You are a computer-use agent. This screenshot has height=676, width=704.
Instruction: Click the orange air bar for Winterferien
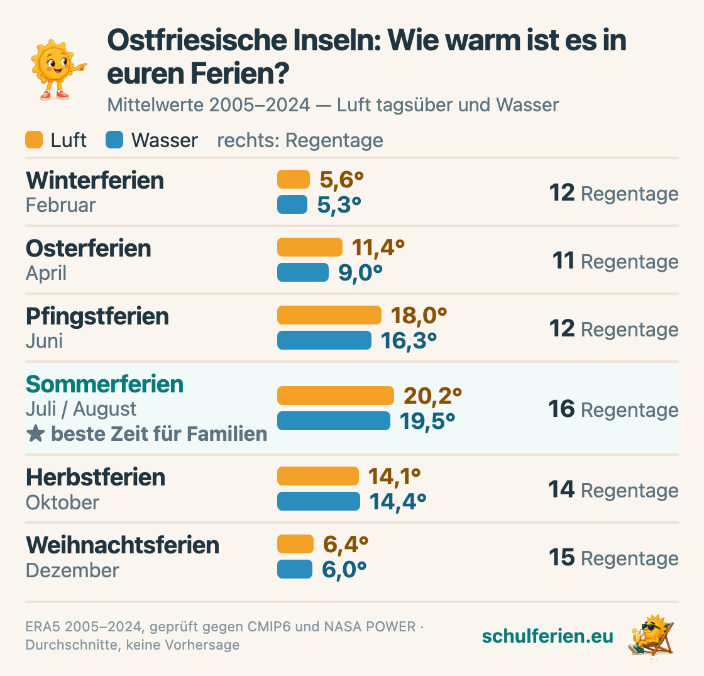293,179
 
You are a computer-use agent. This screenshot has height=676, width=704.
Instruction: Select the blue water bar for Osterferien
302,272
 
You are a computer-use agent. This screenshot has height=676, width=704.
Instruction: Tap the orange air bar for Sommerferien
336,396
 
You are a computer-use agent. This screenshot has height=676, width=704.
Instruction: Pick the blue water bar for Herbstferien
318,501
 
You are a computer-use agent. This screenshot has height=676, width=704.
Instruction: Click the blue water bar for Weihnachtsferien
295,569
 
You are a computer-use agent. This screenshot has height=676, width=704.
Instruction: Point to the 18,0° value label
419,315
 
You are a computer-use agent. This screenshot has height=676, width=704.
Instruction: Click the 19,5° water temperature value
427,421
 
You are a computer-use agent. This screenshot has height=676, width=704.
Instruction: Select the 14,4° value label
398,502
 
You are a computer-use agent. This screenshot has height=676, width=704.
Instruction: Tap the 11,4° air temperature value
378,248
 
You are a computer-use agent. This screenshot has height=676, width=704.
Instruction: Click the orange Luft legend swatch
34,140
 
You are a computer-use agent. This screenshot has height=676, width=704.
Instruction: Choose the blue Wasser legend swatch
114,140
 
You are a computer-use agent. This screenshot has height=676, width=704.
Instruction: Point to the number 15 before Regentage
562,557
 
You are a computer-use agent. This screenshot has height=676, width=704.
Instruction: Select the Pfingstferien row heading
97,316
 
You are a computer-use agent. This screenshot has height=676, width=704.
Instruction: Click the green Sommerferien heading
104,384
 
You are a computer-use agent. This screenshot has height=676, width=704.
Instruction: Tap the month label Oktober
62,502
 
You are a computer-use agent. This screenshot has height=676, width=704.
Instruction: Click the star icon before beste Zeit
35,434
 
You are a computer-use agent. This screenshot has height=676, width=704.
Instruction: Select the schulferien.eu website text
547,636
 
